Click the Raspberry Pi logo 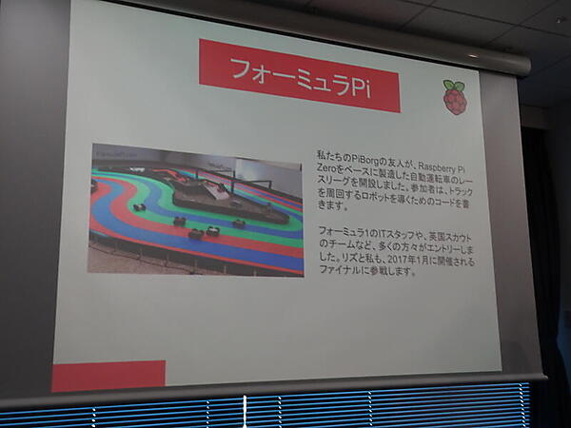tap(455, 98)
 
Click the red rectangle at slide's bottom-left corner tap(108, 376)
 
